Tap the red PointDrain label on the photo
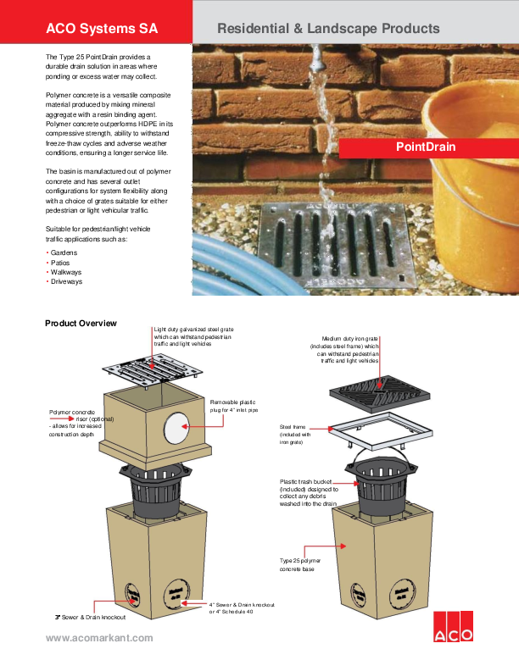click(426, 147)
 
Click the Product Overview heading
click(81, 324)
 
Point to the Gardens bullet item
click(64, 252)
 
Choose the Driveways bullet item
click(66, 280)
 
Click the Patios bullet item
click(61, 262)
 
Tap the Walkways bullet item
click(66, 271)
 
